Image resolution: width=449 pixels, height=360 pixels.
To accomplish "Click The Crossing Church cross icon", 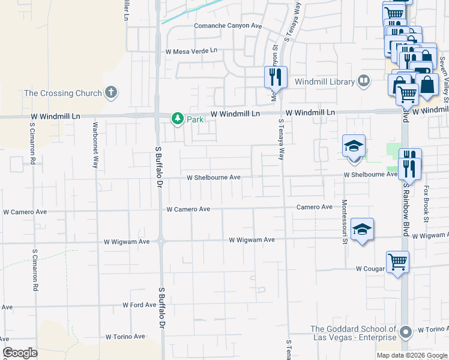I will pos(110,92).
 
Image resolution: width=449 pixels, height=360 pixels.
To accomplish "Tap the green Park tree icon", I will pos(177,119).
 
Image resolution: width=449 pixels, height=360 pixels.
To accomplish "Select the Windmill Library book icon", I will pos(364,80).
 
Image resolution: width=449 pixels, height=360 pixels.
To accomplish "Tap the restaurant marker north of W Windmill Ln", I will pos(276,76).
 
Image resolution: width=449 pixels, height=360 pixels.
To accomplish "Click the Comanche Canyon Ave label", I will pos(228,26).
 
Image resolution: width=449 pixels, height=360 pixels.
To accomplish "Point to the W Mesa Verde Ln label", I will pos(190,51).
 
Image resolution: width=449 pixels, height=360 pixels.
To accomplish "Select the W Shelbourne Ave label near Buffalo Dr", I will pos(213,178).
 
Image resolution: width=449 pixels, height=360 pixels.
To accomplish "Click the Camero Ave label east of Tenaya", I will pos(314,207).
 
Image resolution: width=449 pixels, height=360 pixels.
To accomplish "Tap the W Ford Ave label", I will pos(139,305).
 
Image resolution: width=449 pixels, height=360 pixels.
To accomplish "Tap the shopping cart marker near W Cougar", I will pos(397,262).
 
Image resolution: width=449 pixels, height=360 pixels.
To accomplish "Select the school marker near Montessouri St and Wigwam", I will pos(363,230).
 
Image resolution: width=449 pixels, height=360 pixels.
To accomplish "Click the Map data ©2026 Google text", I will pos(411,355).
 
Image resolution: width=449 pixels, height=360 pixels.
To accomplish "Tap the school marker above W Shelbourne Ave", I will pos(354,146).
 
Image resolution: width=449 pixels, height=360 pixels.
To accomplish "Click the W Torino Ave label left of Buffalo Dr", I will pos(125,337).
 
